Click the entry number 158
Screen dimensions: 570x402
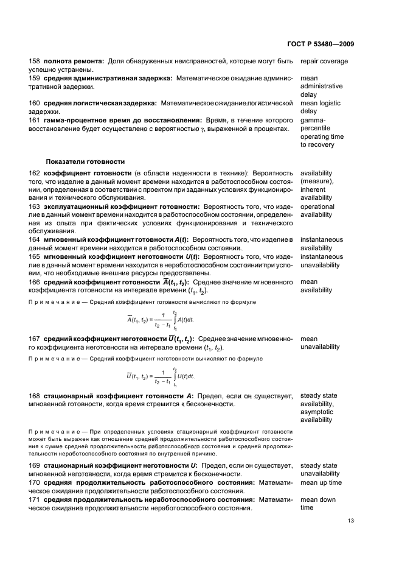point(35,62)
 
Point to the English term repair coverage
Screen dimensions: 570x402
point(324,62)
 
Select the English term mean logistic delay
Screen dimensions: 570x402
point(320,107)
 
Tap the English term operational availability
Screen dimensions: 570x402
point(317,211)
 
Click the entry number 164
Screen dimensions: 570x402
point(35,240)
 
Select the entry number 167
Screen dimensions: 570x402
point(35,339)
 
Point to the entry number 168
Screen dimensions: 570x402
point(35,396)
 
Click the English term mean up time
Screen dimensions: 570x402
point(321,483)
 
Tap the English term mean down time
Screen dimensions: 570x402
point(317,504)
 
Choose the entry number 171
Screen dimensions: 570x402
point(35,499)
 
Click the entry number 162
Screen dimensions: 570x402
point(35,173)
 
